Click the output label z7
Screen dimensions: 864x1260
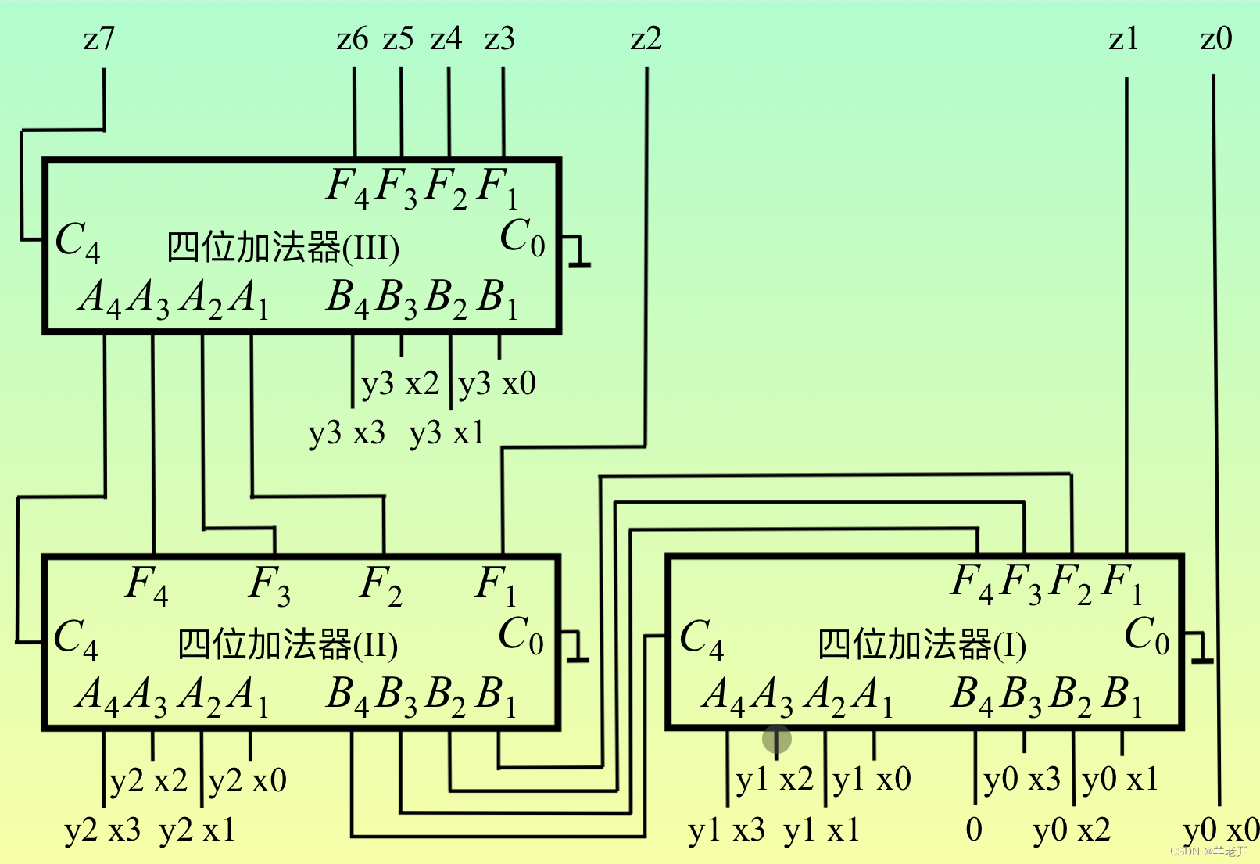click(98, 38)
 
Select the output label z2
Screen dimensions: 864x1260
click(646, 38)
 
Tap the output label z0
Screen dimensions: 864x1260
click(1215, 38)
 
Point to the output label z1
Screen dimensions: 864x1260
click(1123, 38)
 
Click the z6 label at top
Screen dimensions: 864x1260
click(352, 38)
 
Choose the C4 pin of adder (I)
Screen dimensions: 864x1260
click(701, 637)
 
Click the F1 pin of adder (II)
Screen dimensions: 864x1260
click(496, 585)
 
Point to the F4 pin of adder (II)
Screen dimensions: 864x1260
click(146, 585)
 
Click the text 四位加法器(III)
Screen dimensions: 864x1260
click(283, 247)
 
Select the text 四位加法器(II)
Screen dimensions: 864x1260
click(288, 645)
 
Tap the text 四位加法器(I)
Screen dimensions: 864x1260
click(922, 645)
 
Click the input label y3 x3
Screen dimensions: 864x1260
click(346, 432)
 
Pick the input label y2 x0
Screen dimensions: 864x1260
click(248, 780)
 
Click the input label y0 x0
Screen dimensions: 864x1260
click(1221, 830)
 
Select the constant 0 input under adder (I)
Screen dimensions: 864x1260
click(973, 829)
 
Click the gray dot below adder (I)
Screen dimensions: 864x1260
click(776, 738)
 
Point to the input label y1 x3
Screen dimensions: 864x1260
click(726, 830)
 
